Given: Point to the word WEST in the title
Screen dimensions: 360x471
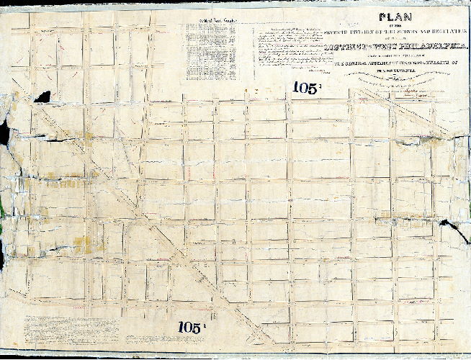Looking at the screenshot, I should point(379,47).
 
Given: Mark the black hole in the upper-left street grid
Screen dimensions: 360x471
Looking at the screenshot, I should point(42,96).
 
